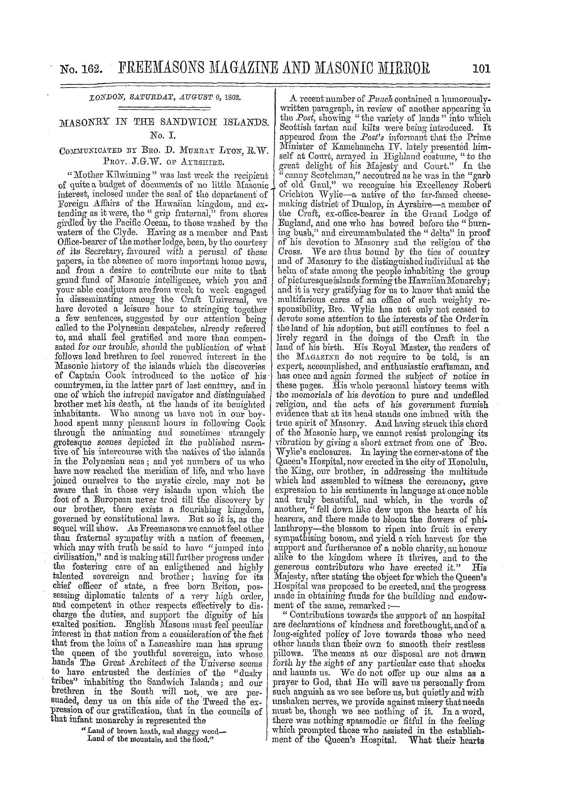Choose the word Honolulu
pyautogui.click(x=464, y=462)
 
